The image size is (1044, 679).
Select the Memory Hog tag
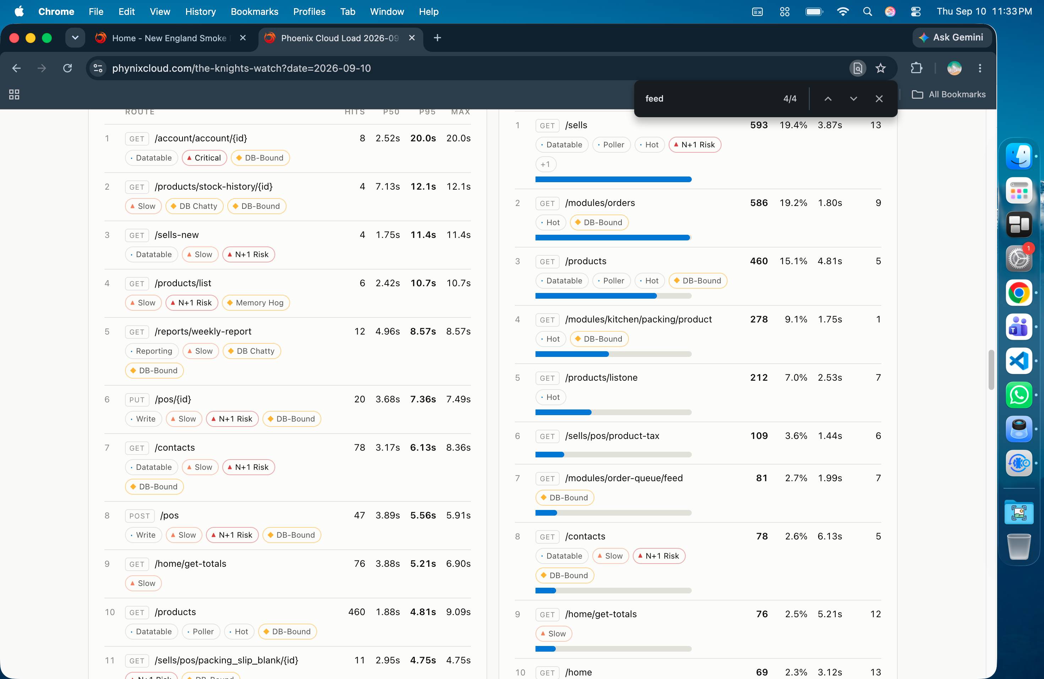pyautogui.click(x=256, y=303)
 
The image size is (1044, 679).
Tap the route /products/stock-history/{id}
pyautogui.click(x=214, y=186)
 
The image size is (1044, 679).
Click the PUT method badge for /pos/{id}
pyautogui.click(x=137, y=400)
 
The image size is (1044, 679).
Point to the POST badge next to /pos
pyautogui.click(x=140, y=516)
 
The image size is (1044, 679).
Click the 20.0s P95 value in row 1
pyautogui.click(x=423, y=138)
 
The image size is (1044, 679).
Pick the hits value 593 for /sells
pyautogui.click(x=759, y=125)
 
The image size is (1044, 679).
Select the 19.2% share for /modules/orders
pyautogui.click(x=793, y=203)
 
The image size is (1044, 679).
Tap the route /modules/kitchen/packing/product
pyautogui.click(x=638, y=319)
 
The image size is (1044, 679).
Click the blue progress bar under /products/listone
pyautogui.click(x=563, y=412)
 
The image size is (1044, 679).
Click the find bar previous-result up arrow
pyautogui.click(x=828, y=99)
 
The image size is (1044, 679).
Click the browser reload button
pyautogui.click(x=67, y=68)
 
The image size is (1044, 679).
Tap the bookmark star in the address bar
pyautogui.click(x=880, y=68)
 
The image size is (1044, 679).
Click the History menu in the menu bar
pyautogui.click(x=201, y=11)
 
